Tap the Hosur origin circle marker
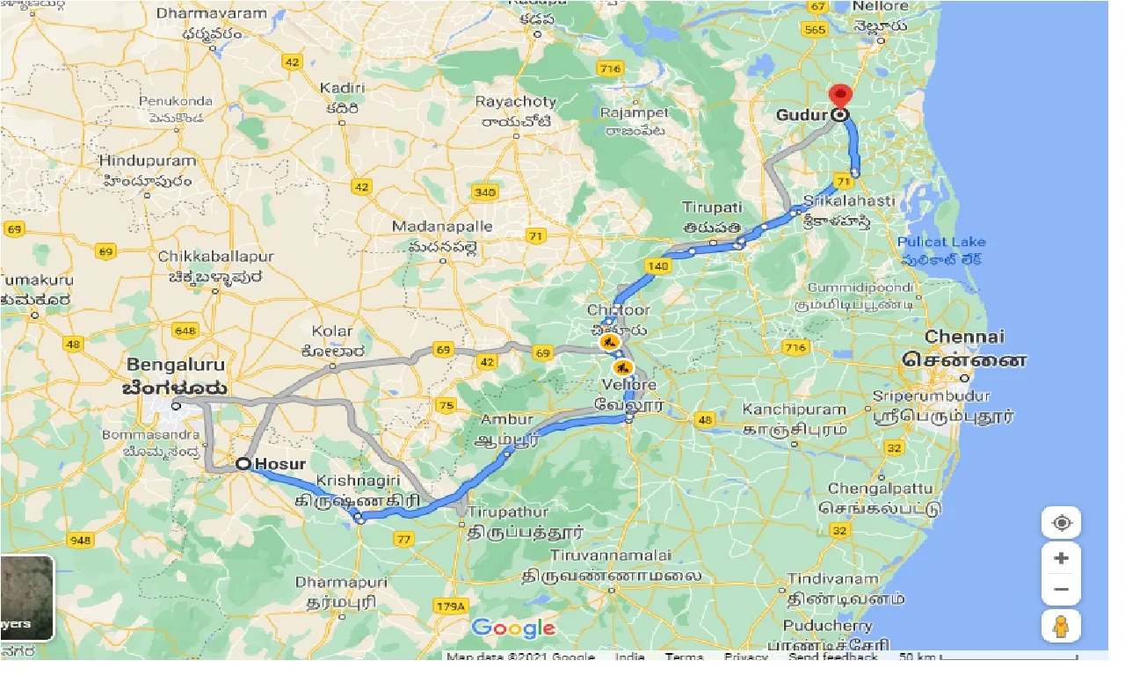(241, 464)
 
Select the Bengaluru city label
(175, 365)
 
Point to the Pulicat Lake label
(941, 242)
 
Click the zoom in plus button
(1061, 558)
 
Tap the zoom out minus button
(1061, 590)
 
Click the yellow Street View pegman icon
(1061, 627)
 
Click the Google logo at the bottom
(513, 628)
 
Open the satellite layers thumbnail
(26, 599)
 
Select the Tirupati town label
(713, 207)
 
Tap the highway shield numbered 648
(185, 330)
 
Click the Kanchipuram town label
(794, 410)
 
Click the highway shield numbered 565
(815, 29)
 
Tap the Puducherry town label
(830, 626)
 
